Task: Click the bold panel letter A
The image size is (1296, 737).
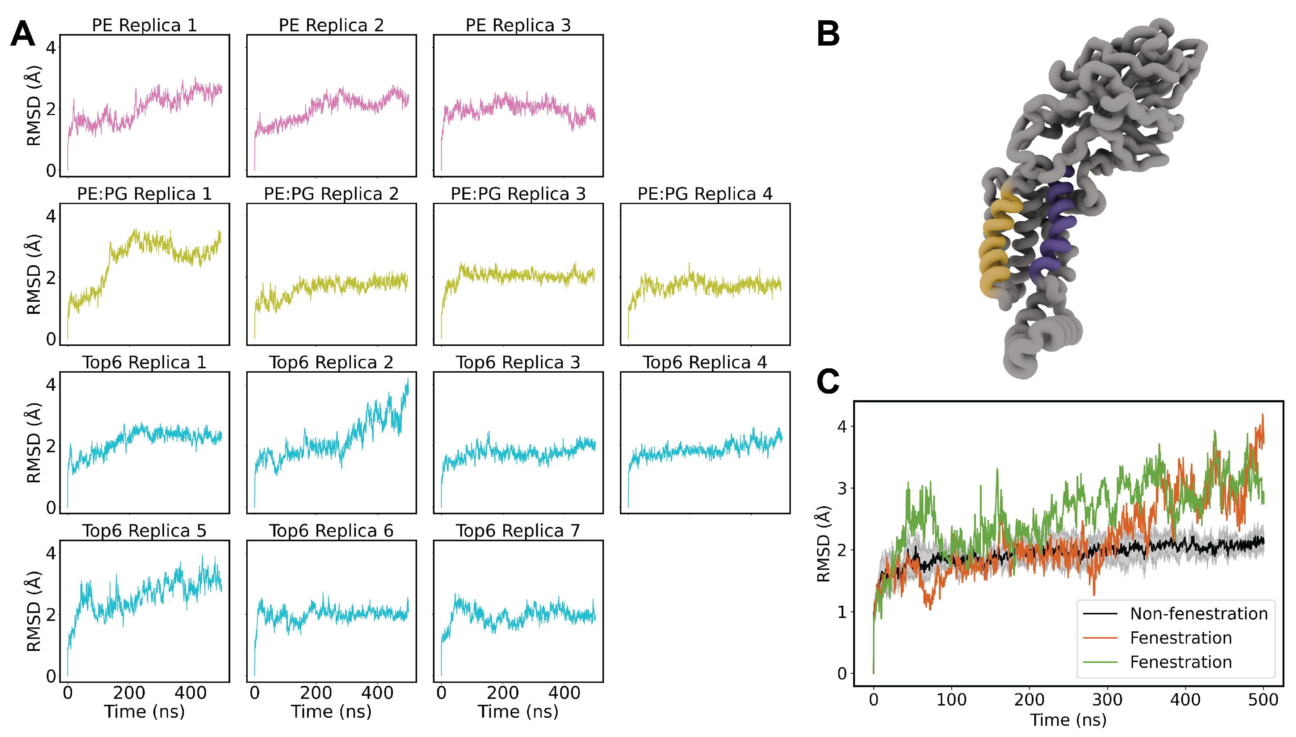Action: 23,34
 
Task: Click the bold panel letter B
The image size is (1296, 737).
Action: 828,34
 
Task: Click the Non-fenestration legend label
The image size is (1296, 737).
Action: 1199,614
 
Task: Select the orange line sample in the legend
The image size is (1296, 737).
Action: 1100,638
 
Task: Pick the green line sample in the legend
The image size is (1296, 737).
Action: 1100,662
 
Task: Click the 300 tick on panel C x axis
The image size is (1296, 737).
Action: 1107,699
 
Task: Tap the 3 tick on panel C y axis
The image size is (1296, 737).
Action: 842,488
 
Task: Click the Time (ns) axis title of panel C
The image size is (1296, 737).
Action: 1068,719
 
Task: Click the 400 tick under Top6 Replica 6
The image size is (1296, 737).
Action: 377,692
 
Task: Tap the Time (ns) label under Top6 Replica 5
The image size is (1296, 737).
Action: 144,711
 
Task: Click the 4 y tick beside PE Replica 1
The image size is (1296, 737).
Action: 51,48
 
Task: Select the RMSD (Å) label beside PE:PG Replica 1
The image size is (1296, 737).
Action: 33,274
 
